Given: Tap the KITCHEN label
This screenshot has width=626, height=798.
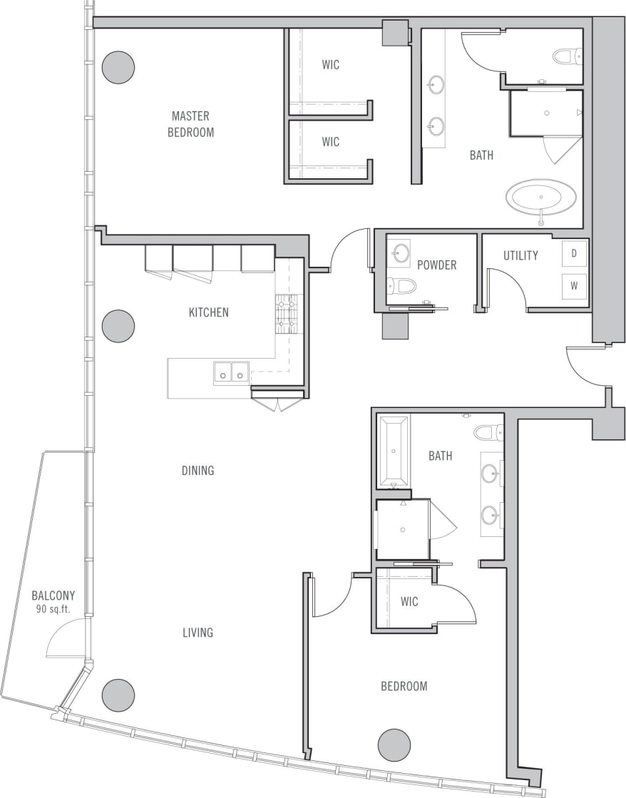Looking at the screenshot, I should pyautogui.click(x=208, y=312).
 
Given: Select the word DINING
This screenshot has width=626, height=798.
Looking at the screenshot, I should pyautogui.click(x=197, y=471).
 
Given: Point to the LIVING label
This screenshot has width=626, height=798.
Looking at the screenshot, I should pyautogui.click(x=197, y=633).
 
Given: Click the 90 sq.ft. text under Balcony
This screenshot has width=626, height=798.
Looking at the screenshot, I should pyautogui.click(x=53, y=610).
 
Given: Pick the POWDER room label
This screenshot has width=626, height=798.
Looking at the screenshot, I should pyautogui.click(x=436, y=265).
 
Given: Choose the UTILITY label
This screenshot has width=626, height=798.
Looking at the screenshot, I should pyautogui.click(x=520, y=255).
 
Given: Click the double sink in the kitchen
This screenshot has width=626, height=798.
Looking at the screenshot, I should pyautogui.click(x=231, y=372).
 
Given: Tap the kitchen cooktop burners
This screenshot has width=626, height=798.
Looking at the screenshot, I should pyautogui.click(x=289, y=314).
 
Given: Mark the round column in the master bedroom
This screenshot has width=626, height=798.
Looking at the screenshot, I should pyautogui.click(x=118, y=68).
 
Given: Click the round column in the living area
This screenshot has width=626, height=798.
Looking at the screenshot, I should pyautogui.click(x=118, y=695).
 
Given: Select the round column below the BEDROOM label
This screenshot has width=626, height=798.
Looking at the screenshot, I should pyautogui.click(x=394, y=745).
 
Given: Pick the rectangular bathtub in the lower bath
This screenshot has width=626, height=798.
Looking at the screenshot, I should pyautogui.click(x=393, y=451).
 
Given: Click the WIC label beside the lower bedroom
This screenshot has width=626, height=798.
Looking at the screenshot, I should pyautogui.click(x=409, y=602).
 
